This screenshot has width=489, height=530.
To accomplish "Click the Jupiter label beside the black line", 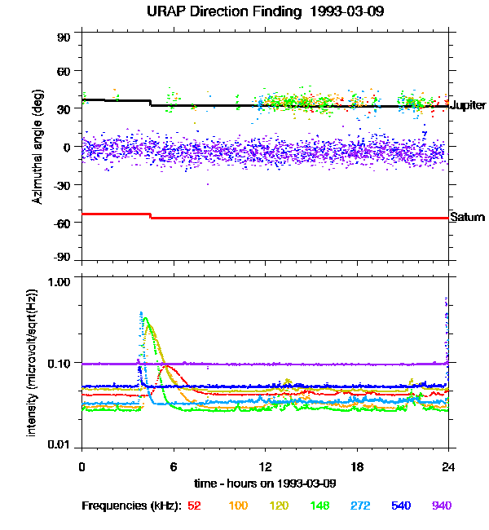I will [x=469, y=106].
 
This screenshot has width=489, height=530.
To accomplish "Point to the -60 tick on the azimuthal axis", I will [x=63, y=223].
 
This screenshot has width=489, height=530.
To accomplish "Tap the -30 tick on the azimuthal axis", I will [x=63, y=185].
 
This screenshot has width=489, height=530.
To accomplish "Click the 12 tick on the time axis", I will [x=264, y=467].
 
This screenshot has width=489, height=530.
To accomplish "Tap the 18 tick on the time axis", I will [x=356, y=467].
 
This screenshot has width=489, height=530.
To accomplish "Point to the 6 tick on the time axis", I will [x=174, y=467].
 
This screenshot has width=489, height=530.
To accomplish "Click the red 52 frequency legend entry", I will [x=194, y=506].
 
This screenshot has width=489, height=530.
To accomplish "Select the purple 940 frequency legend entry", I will [x=440, y=506].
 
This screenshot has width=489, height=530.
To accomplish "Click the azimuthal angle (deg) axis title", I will [x=38, y=147].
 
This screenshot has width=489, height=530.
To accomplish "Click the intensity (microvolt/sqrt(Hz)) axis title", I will [x=33, y=361].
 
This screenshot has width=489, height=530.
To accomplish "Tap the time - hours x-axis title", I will [x=266, y=484].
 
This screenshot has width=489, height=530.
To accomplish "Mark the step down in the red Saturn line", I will [x=151, y=216].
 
